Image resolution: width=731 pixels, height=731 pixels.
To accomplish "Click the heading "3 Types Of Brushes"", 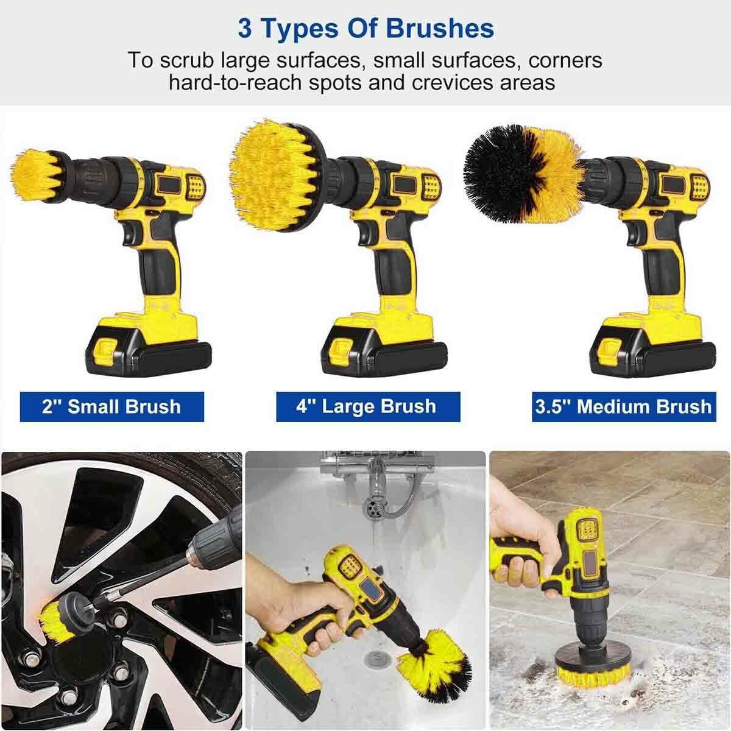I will point(365,29).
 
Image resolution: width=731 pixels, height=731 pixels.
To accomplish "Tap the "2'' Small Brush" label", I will point(111,406).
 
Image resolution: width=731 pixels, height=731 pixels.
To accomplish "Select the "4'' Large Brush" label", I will point(366,406).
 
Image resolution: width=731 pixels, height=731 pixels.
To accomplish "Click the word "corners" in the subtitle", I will point(566,60).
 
